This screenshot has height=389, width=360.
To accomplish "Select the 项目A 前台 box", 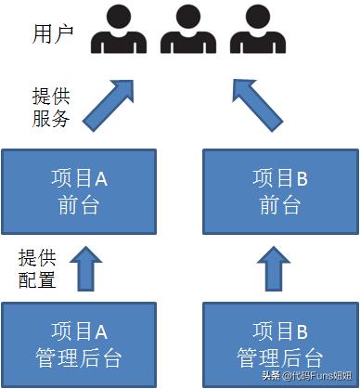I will [78, 191].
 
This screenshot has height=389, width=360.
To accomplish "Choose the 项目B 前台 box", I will [279, 191].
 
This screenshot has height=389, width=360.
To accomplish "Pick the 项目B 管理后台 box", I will [279, 344].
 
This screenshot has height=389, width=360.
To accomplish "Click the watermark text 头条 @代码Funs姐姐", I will [307, 376].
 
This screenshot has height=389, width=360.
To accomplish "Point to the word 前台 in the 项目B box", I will [279, 204].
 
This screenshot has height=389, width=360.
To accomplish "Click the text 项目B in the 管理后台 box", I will [279, 331].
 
